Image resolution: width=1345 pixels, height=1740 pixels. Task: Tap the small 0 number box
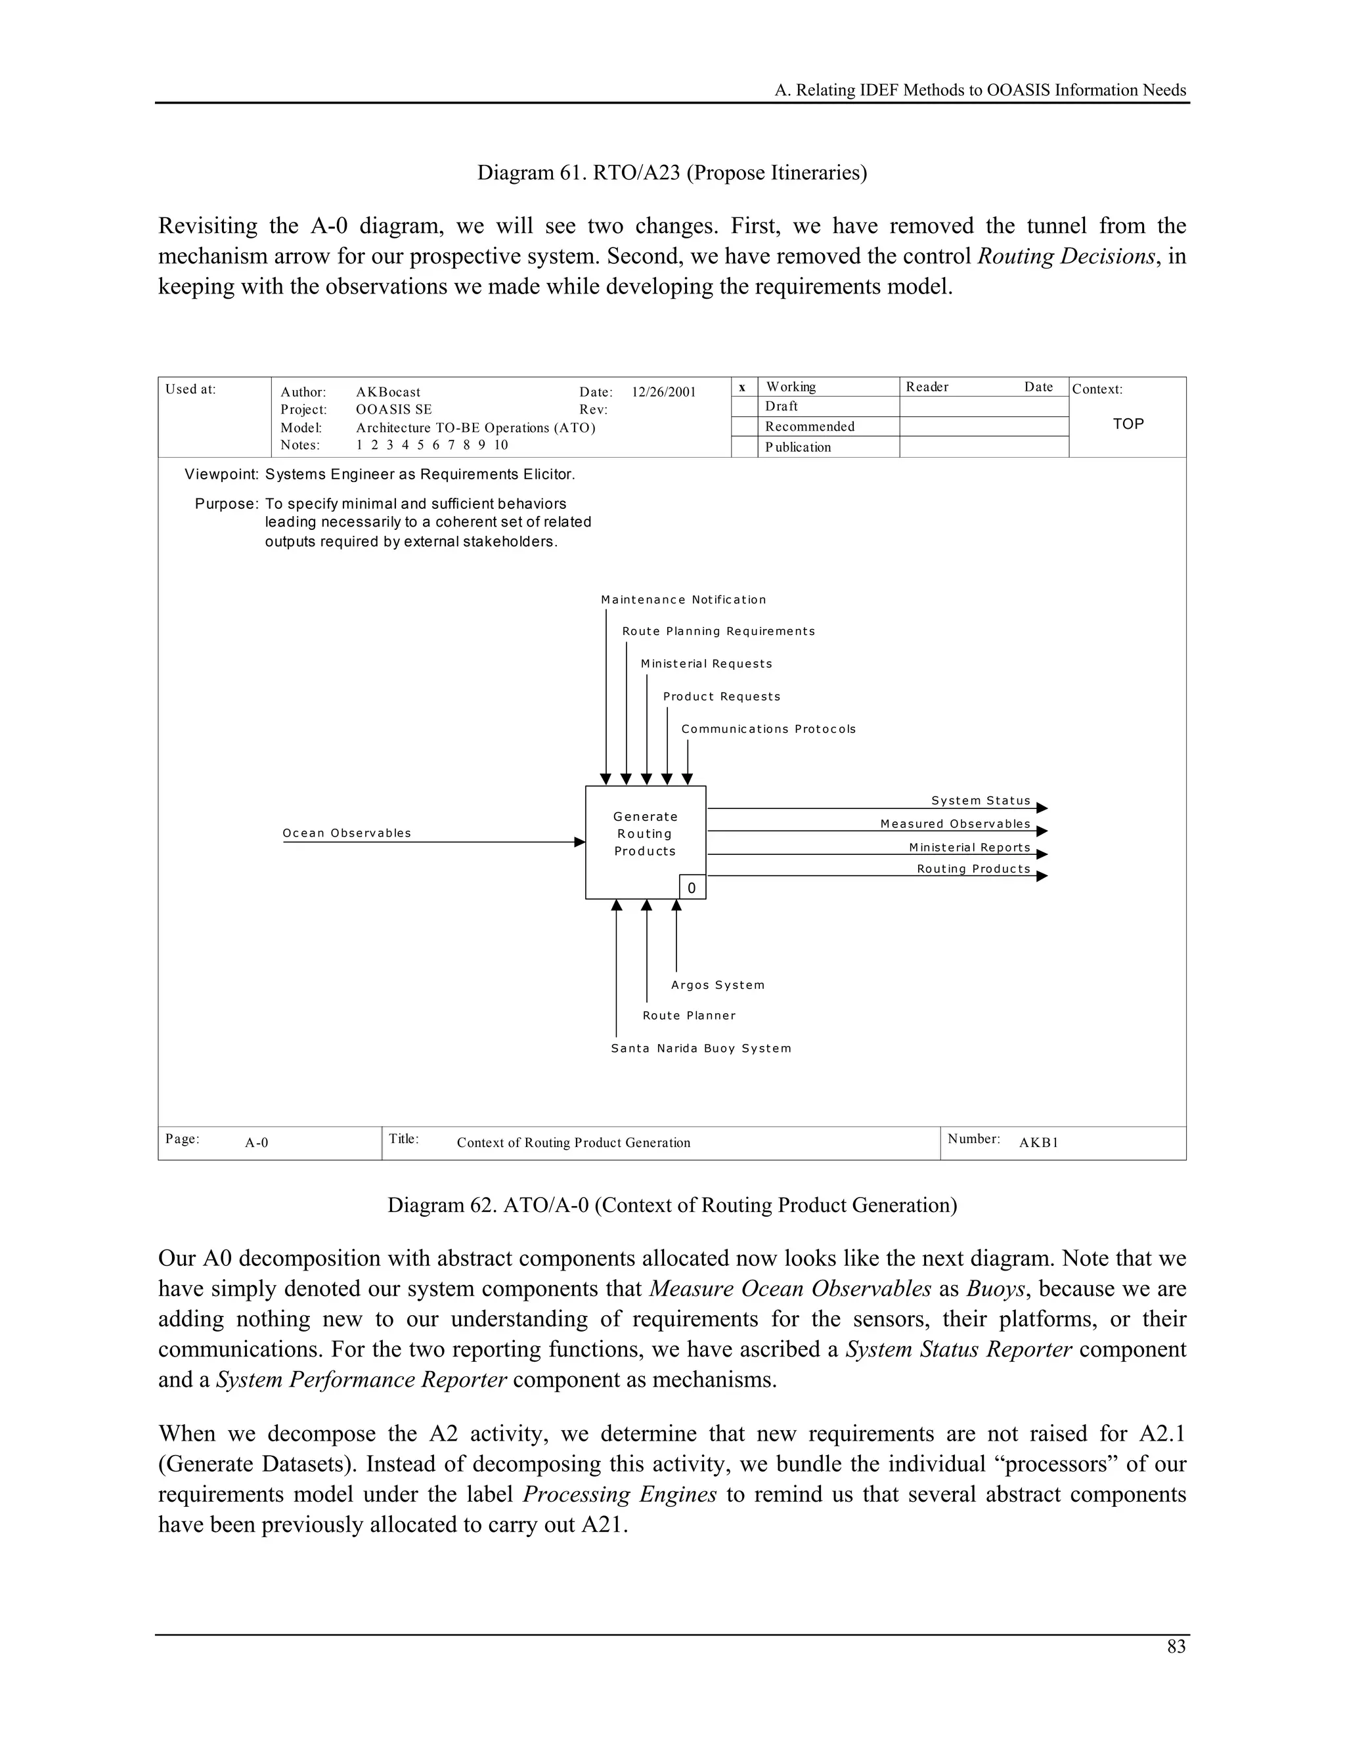(x=692, y=888)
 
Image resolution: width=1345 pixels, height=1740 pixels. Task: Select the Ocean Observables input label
(x=347, y=833)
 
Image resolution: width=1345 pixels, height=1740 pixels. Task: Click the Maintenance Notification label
(x=683, y=600)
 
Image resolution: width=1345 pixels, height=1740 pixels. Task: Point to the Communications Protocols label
(x=768, y=729)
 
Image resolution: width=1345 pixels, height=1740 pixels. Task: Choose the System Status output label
(x=981, y=800)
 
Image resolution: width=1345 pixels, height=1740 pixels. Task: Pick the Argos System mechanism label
(x=717, y=986)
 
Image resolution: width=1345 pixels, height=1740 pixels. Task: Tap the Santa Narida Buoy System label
(x=700, y=1049)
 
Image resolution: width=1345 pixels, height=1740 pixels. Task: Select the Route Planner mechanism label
(x=689, y=1016)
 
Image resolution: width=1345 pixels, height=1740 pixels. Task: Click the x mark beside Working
(x=743, y=387)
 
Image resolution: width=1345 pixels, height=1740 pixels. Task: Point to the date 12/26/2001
(x=664, y=392)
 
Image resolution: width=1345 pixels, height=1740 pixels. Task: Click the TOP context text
(x=1128, y=424)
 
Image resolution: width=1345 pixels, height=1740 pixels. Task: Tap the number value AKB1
(x=1038, y=1142)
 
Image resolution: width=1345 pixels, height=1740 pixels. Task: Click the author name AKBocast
(x=388, y=392)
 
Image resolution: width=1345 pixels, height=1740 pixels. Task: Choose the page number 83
(x=1176, y=1647)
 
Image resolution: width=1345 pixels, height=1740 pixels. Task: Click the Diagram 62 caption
(x=672, y=1205)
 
